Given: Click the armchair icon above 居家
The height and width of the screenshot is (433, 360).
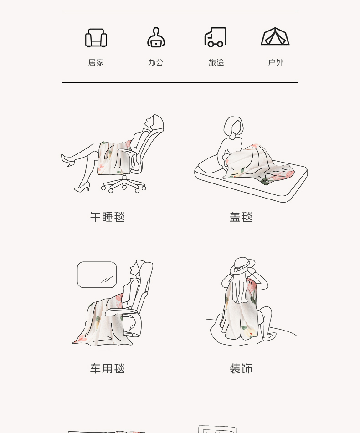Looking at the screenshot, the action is tap(96, 38).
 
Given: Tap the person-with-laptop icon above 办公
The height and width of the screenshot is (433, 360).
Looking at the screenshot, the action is tap(156, 37).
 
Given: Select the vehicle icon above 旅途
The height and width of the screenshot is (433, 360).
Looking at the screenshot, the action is tap(216, 37).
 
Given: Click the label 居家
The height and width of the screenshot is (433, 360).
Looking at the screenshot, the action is tap(96, 63).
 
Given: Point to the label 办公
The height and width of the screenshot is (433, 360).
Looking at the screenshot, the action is tap(156, 63).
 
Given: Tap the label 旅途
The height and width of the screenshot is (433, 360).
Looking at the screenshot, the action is tap(216, 63).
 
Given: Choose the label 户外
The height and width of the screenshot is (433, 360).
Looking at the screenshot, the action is tap(276, 63).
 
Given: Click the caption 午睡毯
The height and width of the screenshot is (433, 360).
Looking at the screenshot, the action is tap(108, 217).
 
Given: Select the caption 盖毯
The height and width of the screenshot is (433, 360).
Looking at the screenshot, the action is tap(241, 217).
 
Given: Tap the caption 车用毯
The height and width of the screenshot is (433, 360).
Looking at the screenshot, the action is tap(108, 369).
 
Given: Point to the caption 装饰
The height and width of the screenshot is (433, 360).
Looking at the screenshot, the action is tap(241, 369).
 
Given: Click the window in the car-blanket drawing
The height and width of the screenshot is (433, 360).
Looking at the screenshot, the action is tap(97, 275).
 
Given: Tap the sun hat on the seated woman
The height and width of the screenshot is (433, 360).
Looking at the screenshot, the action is tap(242, 265).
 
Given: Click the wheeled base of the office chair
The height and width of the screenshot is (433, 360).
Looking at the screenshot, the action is tap(123, 184).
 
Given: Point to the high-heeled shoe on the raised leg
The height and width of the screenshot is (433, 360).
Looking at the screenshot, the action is tap(68, 160).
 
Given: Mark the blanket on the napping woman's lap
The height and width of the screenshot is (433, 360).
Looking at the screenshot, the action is tap(114, 158).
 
